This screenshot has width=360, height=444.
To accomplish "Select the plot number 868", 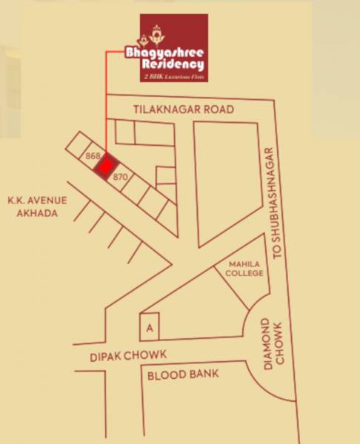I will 93,156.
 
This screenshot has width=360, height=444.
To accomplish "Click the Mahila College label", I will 245,267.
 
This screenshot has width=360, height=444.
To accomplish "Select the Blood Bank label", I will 183,374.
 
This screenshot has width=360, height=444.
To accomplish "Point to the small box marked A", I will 150,326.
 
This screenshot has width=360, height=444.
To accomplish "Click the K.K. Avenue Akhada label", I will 37,206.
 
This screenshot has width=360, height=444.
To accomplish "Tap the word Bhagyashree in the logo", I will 174,54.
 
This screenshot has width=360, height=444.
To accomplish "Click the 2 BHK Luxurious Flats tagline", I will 174,77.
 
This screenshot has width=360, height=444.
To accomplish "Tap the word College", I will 245,273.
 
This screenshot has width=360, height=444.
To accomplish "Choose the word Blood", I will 165,374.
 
